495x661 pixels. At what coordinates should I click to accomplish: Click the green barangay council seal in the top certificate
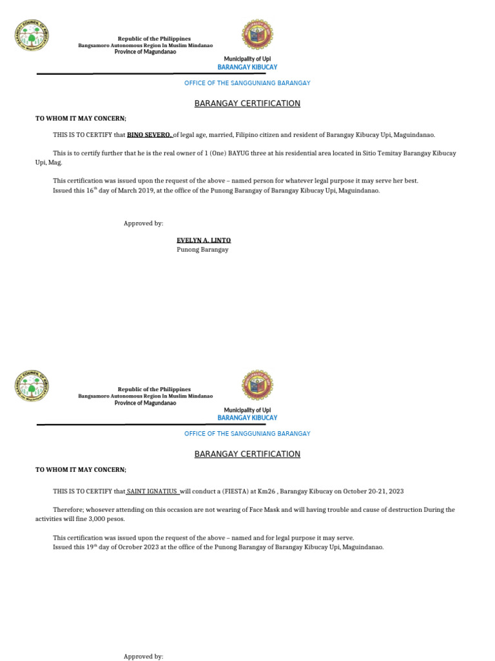[31, 36]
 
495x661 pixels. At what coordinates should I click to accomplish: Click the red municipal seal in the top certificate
[257, 35]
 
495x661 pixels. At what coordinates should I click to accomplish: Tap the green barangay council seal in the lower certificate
[31, 386]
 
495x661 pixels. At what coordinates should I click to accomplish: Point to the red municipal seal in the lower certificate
[257, 385]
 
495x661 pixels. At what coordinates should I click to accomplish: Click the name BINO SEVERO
[149, 135]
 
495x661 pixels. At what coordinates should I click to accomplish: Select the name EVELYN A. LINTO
[204, 240]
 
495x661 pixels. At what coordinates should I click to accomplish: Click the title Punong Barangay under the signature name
[202, 250]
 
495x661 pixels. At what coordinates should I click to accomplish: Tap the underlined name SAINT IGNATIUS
[153, 491]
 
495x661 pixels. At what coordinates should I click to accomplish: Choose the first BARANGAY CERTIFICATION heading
[247, 103]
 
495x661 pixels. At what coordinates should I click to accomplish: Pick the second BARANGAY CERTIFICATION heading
[247, 454]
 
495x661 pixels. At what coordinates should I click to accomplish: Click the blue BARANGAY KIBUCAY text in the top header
[247, 67]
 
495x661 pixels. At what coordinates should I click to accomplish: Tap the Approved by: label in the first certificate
[143, 223]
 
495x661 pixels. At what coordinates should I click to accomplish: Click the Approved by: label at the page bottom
[143, 656]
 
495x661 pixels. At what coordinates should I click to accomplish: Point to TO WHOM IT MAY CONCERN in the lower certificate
[81, 469]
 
